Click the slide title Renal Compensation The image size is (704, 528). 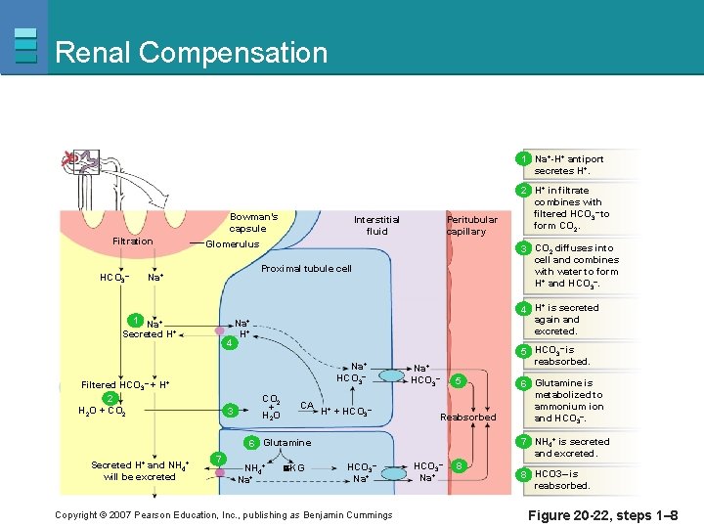pyautogui.click(x=192, y=52)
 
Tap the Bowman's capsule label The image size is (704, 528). pyautogui.click(x=253, y=222)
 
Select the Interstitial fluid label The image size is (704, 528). pyautogui.click(x=376, y=226)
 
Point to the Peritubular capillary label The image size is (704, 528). pyautogui.click(x=472, y=226)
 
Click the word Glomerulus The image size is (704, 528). pyautogui.click(x=232, y=244)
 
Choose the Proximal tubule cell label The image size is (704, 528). pyautogui.click(x=306, y=268)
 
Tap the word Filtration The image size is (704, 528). pyautogui.click(x=133, y=241)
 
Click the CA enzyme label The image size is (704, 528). pyautogui.click(x=307, y=405)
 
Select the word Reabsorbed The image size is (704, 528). pyautogui.click(x=467, y=418)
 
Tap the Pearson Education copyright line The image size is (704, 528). pyautogui.click(x=224, y=515)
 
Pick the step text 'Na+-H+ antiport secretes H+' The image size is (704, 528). pyautogui.click(x=569, y=165)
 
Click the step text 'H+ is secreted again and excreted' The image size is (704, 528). pyautogui.click(x=566, y=319)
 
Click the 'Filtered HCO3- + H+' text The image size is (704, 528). pyautogui.click(x=125, y=385)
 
